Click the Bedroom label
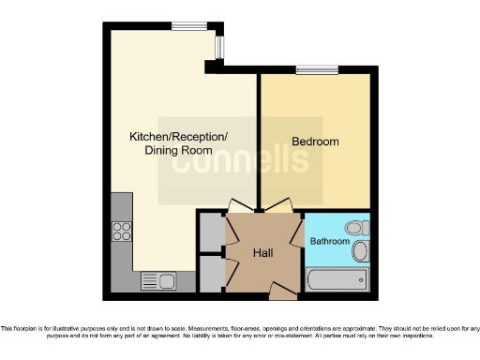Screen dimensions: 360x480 click(x=315, y=142)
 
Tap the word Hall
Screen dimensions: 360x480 click(x=263, y=253)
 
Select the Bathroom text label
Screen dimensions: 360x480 click(x=330, y=242)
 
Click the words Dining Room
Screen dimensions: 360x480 click(x=177, y=150)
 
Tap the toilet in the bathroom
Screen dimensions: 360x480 click(x=355, y=228)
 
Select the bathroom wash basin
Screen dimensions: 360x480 click(x=361, y=250)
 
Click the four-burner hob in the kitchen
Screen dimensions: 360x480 click(x=122, y=231)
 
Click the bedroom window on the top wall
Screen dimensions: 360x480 click(x=316, y=69)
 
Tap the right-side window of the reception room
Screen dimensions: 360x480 click(x=220, y=46)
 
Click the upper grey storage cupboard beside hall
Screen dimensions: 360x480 click(x=211, y=230)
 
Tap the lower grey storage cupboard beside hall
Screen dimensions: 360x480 click(x=211, y=272)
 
